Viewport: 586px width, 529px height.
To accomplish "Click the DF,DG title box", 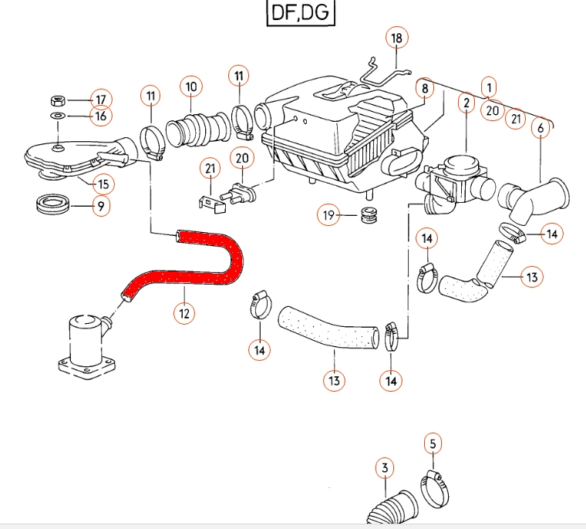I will [301, 13].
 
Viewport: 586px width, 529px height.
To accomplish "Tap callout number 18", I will [396, 38].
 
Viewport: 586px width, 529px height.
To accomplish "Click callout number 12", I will [183, 313].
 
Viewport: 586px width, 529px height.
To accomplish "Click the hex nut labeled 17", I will [57, 99].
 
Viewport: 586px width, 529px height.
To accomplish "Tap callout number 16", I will [99, 116].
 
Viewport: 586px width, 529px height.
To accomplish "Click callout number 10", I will [191, 86].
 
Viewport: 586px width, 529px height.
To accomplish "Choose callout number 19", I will [329, 216].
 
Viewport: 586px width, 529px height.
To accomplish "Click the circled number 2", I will [466, 102].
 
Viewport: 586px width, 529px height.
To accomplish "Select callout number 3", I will [385, 467].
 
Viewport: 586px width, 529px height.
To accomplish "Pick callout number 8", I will [424, 89].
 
